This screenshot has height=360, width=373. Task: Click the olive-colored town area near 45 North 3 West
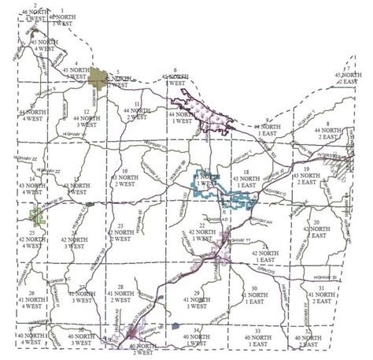point(98,76)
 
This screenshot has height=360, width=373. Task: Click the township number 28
point(120,285)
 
